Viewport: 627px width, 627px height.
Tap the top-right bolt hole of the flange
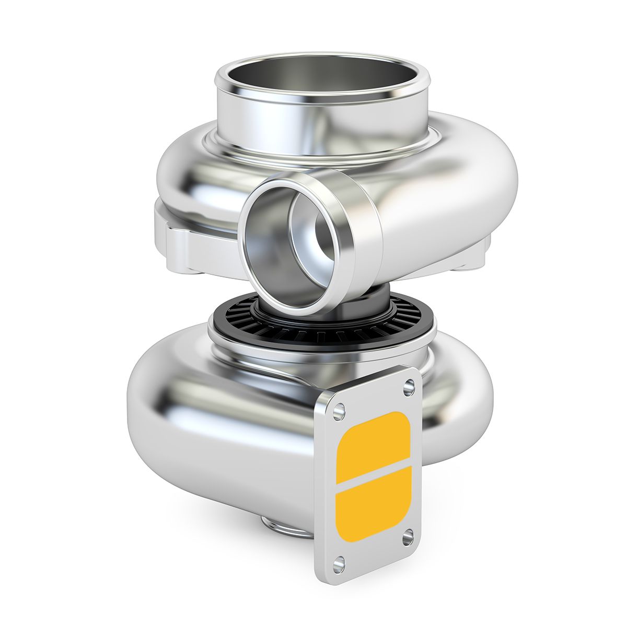pos(409,387)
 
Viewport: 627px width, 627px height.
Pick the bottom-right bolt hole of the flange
pos(408,537)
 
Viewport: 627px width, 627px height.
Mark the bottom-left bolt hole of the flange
pos(339,563)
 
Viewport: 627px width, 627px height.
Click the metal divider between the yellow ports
pos(373,474)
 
